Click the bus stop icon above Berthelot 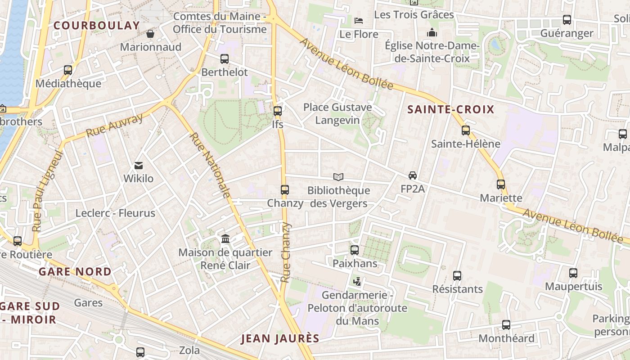click(224, 59)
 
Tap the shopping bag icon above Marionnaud click(150, 34)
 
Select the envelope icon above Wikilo click(138, 166)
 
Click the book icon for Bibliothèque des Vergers click(338, 177)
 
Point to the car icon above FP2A click(413, 175)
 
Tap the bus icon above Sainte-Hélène click(466, 130)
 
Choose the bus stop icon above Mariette click(501, 184)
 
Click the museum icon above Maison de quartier click(225, 238)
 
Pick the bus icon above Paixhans click(355, 250)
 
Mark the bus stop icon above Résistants click(457, 275)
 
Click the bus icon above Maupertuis click(573, 273)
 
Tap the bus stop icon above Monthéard click(506, 325)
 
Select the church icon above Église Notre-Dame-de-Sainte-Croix click(432, 32)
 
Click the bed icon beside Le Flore click(359, 21)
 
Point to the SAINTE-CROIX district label click(450, 109)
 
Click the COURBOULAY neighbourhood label click(97, 26)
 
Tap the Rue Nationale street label click(210, 165)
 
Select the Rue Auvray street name click(114, 126)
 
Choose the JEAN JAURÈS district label click(280, 339)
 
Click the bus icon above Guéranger click(567, 20)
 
